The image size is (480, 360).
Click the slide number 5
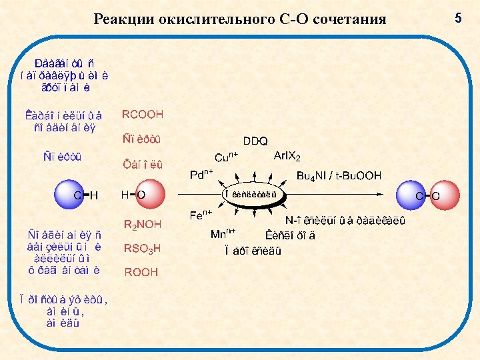click(x=457, y=19)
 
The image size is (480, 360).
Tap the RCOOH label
click(x=142, y=115)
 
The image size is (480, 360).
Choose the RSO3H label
click(x=142, y=249)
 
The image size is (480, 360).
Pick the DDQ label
click(x=255, y=141)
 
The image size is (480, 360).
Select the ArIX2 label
click(x=287, y=157)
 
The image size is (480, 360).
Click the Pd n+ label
click(x=201, y=175)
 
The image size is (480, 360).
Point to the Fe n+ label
click(x=201, y=215)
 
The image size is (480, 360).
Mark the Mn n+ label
click(x=223, y=233)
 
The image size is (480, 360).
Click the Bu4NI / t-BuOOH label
click(x=339, y=176)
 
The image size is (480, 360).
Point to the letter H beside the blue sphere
click(x=93, y=195)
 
